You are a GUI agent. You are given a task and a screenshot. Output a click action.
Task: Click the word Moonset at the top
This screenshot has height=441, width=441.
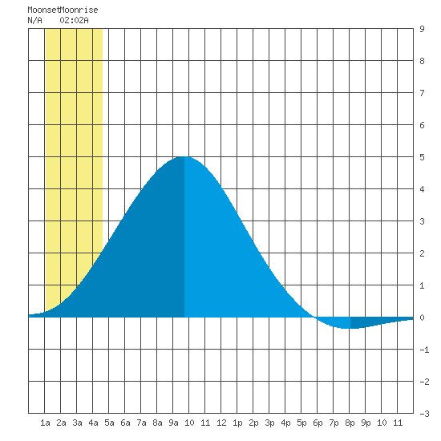(44, 10)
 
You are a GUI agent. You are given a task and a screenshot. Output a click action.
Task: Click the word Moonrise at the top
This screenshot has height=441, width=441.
(79, 10)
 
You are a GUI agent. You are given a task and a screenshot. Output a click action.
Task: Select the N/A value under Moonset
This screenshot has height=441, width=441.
(34, 20)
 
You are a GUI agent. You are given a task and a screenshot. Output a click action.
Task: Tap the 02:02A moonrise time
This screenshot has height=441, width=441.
(75, 20)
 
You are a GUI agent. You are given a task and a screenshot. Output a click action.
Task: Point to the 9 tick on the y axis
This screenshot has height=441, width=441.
(422, 29)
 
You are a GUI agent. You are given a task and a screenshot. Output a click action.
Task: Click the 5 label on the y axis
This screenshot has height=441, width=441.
(422, 157)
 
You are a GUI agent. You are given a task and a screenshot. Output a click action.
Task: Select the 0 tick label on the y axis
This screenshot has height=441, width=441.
(422, 318)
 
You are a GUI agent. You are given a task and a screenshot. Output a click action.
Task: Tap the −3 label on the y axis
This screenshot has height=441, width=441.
(424, 414)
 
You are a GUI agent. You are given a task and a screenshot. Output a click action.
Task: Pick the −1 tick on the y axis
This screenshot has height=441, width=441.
(424, 350)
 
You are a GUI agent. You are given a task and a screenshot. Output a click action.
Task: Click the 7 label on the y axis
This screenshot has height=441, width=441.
(422, 93)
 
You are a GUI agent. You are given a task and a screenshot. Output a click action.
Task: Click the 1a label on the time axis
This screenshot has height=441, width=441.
(45, 423)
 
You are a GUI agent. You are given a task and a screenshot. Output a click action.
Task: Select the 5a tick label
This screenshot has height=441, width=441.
(109, 423)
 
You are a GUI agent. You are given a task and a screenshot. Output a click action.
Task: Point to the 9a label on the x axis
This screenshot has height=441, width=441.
(173, 423)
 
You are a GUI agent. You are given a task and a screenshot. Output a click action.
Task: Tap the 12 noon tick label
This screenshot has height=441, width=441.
(221, 423)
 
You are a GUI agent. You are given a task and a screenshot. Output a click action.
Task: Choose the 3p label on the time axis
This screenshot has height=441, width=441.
(269, 423)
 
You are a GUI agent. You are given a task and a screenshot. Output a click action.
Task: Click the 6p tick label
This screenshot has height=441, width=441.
(318, 423)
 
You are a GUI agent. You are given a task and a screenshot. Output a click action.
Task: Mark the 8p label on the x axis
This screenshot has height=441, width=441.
(350, 423)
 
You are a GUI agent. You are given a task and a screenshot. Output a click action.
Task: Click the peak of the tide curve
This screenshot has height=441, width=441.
(184, 156)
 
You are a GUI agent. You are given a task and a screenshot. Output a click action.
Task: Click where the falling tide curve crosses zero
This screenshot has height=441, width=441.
(314, 318)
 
